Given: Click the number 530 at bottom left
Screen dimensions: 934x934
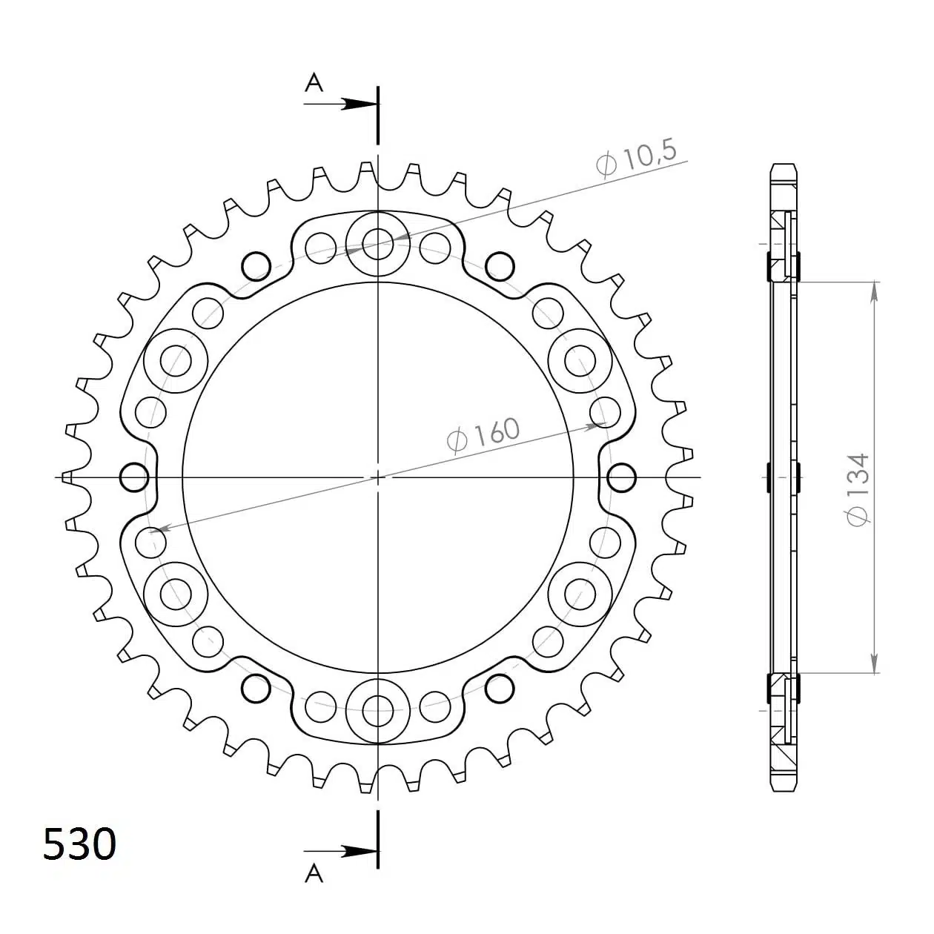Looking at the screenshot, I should point(79,844).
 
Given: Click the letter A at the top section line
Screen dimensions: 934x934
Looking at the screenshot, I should point(315,83).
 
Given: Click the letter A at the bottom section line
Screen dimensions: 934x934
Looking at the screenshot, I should point(314,874).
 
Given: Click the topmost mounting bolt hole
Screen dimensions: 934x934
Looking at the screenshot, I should point(378,242).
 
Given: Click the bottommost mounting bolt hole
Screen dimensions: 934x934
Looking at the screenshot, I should point(378,712).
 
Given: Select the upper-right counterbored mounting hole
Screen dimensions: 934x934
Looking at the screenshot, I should point(580,360).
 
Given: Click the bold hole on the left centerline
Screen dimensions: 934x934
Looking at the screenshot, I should point(135,477).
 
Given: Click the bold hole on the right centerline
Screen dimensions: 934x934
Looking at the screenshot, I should point(621,477).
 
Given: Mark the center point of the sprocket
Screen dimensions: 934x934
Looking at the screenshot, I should point(378,477).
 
